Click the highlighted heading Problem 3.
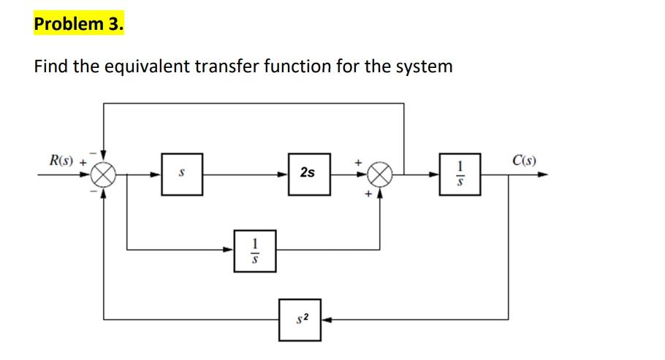click(79, 23)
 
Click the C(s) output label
click(525, 160)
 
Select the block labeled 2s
click(308, 174)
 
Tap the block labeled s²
click(300, 318)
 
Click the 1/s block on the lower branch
click(254, 250)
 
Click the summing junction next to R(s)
click(102, 175)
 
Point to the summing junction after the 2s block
click(379, 175)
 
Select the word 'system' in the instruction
click(424, 67)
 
